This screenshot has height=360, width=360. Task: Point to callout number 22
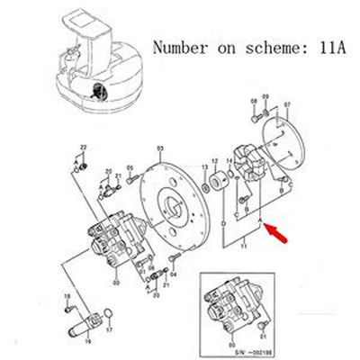[84, 147]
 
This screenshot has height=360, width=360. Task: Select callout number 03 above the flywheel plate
[160, 148]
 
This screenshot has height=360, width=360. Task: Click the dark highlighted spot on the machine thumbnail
[97, 92]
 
